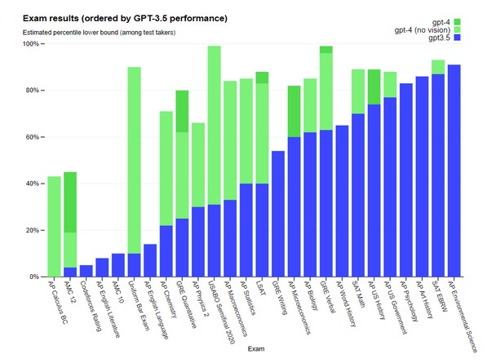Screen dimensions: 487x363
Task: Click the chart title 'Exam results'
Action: click(x=51, y=18)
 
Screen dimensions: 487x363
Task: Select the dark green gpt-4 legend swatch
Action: click(x=457, y=22)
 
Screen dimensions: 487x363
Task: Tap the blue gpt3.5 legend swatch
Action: click(x=457, y=38)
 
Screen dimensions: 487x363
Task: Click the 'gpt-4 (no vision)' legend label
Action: click(x=423, y=30)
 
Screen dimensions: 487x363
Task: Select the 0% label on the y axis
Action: click(x=34, y=277)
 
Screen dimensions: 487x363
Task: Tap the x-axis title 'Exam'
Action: click(x=256, y=348)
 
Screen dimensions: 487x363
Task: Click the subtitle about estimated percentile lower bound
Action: click(x=99, y=33)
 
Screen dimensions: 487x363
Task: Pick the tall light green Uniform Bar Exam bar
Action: click(x=134, y=160)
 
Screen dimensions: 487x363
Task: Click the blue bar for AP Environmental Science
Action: click(x=454, y=170)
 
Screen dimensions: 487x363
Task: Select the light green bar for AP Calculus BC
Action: click(x=54, y=227)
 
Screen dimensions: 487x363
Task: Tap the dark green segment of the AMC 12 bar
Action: click(x=70, y=202)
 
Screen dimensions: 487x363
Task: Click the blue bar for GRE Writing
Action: click(x=278, y=214)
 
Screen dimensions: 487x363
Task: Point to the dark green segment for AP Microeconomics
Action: click(x=294, y=111)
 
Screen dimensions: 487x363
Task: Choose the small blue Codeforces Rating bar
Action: click(x=86, y=271)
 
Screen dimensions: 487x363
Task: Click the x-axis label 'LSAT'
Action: click(x=261, y=289)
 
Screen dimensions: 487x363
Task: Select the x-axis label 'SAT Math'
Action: click(x=358, y=294)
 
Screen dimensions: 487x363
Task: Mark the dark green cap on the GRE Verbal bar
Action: click(x=326, y=50)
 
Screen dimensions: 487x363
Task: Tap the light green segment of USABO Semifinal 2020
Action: click(x=214, y=125)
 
